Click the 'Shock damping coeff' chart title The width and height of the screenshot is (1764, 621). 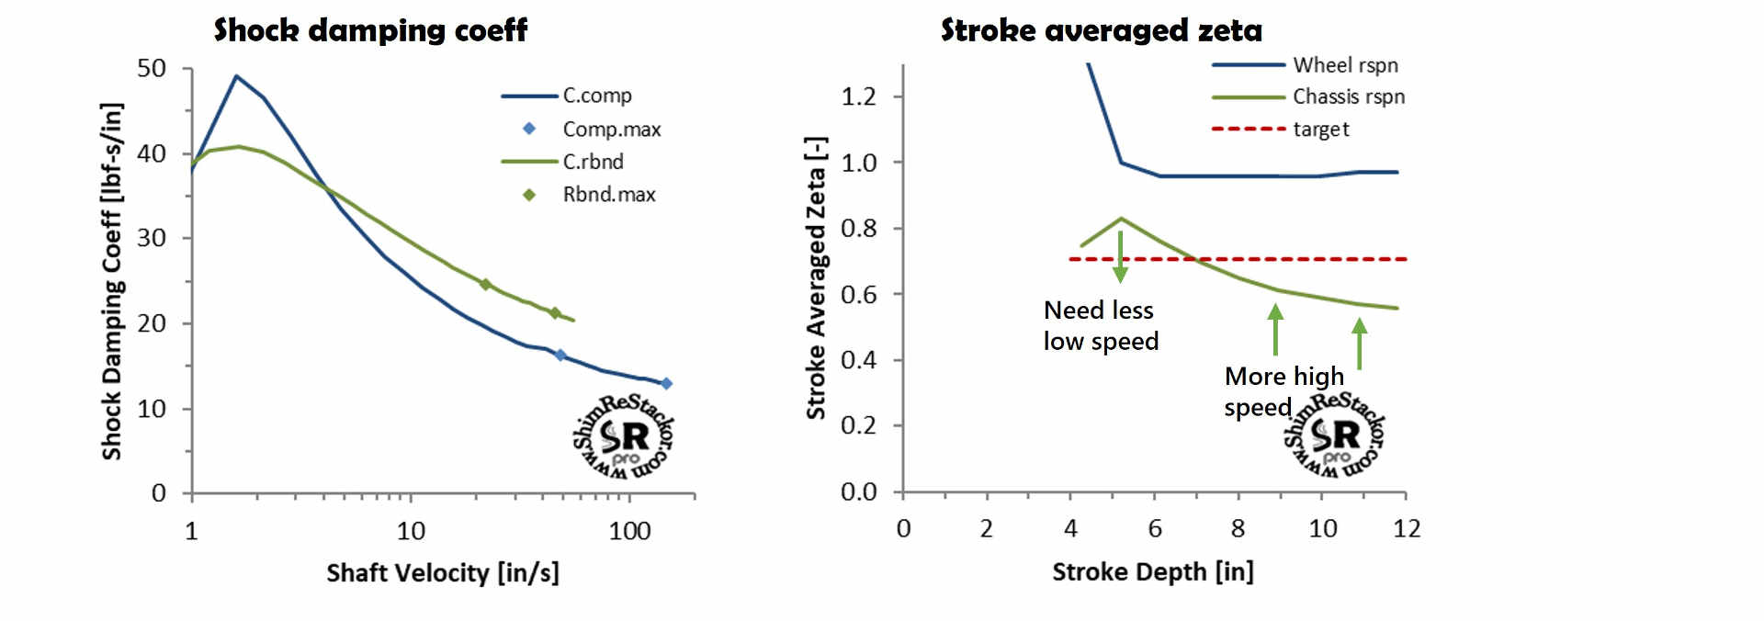point(370,30)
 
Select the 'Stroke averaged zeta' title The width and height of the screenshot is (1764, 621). point(1101,30)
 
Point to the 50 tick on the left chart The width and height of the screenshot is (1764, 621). point(152,69)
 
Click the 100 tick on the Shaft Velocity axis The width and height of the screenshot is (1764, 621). point(629,531)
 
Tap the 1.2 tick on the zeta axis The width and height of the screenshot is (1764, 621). point(858,96)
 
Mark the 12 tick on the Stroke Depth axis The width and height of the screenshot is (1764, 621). point(1406,528)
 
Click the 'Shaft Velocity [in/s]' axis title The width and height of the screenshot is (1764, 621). point(443,573)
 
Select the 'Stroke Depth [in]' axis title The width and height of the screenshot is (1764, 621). point(1152,572)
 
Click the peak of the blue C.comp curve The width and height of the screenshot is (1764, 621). point(236,76)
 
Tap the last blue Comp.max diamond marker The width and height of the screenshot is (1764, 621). point(666,384)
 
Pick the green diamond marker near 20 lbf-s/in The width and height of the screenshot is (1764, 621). point(555,313)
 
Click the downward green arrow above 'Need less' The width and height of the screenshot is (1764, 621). point(1120,257)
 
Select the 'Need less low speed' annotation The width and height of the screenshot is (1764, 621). point(1100,326)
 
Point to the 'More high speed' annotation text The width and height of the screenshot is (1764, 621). point(1283,391)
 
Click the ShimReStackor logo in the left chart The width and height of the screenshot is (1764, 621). point(624,437)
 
